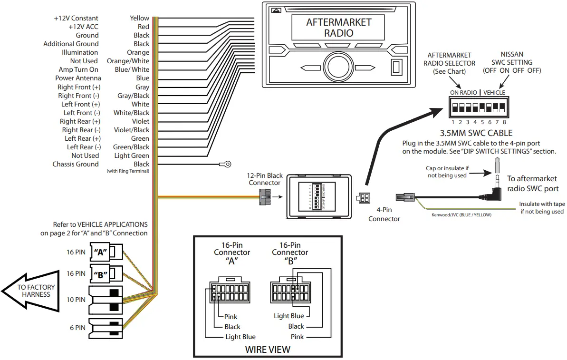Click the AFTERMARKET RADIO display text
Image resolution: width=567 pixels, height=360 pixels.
pos(338,28)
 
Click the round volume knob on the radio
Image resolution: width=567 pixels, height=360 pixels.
pos(338,67)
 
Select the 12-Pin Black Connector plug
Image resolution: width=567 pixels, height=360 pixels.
pos(264,196)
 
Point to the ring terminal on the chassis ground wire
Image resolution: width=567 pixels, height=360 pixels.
pos(225,164)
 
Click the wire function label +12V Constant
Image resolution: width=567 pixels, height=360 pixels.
pos(76,18)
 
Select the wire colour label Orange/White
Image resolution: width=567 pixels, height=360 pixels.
pos(128,61)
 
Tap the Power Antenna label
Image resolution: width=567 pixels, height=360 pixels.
pos(78,78)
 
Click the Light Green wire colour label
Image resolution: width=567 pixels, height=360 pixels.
pos(132,156)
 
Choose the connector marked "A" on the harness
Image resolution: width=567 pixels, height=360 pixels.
pos(105,253)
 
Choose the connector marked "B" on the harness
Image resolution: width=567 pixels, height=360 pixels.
pos(105,274)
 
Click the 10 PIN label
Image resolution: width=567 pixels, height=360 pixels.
pos(76,300)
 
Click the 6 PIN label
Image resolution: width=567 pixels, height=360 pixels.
pos(77,328)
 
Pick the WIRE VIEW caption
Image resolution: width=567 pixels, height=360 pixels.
pos(267,350)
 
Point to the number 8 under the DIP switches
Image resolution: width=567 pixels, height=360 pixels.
pos(504,122)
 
